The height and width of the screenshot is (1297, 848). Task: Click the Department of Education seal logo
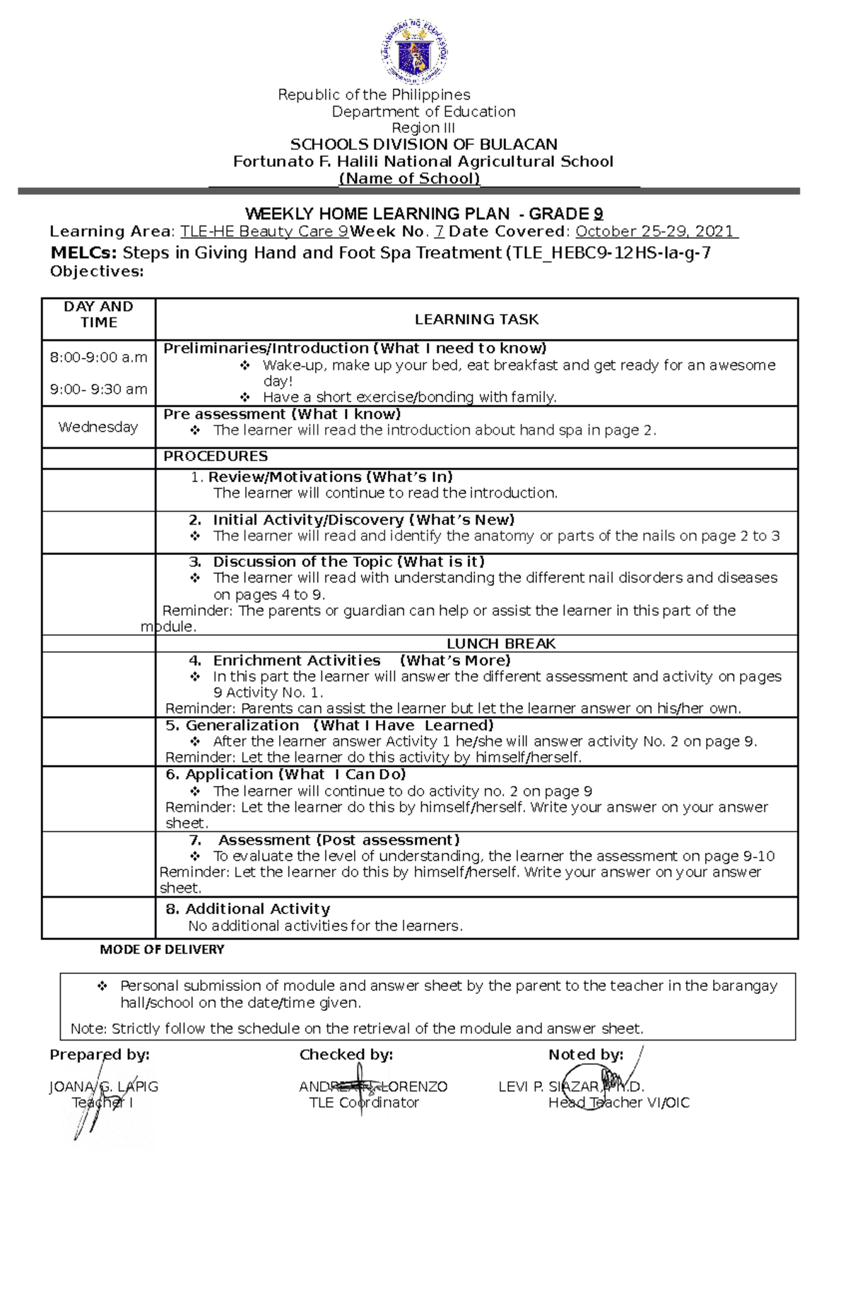coord(415,52)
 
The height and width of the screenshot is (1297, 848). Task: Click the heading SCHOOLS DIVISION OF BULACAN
coord(423,144)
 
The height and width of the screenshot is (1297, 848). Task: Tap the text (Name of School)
coord(410,178)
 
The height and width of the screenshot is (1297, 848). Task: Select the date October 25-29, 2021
coord(656,231)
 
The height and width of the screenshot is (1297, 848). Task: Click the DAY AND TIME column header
coord(98,315)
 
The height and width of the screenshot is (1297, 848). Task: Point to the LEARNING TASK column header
coord(476,319)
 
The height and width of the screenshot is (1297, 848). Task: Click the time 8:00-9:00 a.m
coord(98,358)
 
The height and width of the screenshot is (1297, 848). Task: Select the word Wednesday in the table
coord(98,427)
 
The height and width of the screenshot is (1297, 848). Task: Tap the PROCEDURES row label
coord(216,456)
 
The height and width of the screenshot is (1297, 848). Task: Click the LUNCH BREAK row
coord(501,643)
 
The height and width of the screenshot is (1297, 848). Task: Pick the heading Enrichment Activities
coord(297,660)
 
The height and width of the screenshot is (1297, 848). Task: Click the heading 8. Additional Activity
coord(248,909)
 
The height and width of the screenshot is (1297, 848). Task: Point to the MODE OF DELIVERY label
coord(162,949)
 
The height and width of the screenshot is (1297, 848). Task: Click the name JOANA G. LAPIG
coord(104,1086)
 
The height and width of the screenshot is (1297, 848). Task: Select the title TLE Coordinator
coord(364,1103)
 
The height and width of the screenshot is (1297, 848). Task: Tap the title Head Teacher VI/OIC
coord(618,1103)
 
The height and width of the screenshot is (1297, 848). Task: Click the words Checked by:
coord(346,1055)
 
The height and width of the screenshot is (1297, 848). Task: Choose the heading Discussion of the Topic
coord(302,561)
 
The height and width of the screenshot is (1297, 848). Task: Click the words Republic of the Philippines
coord(374,95)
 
